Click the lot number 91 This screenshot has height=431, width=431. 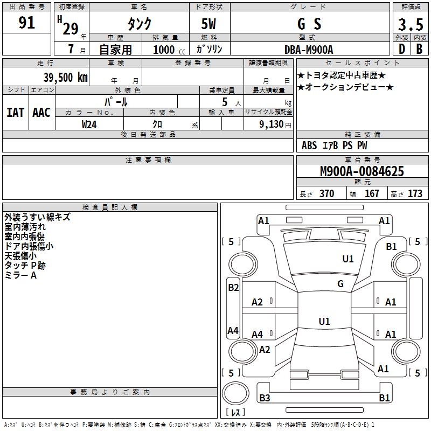click(26, 23)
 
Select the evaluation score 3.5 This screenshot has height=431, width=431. click(410, 25)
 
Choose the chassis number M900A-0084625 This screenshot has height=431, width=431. click(362, 172)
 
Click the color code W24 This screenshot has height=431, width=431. click(89, 124)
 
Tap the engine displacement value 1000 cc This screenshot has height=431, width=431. click(166, 50)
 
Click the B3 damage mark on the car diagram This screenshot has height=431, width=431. click(265, 398)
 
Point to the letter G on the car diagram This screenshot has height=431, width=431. click(340, 283)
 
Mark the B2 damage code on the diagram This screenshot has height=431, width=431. click(233, 288)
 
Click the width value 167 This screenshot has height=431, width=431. click(372, 193)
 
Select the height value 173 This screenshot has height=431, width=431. click(415, 193)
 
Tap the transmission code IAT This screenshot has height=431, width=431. click(15, 113)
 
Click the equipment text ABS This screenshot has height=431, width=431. click(309, 145)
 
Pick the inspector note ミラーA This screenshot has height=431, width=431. click(20, 276)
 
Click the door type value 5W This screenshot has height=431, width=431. click(209, 24)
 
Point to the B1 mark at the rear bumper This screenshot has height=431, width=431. click(384, 398)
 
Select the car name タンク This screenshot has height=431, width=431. click(139, 24)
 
